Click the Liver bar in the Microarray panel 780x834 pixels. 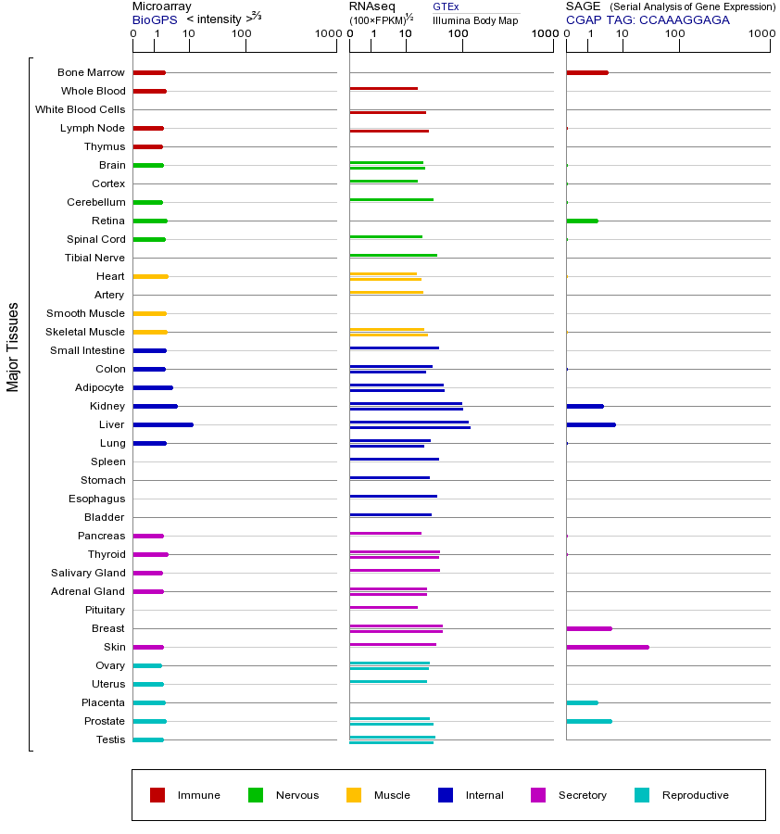[163, 424]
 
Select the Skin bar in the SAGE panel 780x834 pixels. [607, 647]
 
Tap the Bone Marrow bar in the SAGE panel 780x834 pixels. [586, 72]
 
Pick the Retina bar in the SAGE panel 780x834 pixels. [582, 221]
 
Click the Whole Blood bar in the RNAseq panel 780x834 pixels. [384, 88]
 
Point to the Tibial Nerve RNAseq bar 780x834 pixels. [393, 255]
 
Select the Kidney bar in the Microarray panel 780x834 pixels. [155, 406]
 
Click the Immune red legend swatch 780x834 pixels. [157, 795]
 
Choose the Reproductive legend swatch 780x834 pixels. [642, 795]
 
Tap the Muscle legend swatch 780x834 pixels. [354, 795]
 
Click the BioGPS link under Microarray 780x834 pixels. [154, 19]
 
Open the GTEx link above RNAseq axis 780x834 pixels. [446, 6]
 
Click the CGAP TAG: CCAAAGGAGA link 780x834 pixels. [648, 19]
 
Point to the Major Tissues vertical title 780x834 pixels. [13, 347]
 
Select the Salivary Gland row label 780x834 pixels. [88, 573]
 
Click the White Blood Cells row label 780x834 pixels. [80, 109]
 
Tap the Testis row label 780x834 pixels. [110, 739]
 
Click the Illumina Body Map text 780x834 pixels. [475, 20]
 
